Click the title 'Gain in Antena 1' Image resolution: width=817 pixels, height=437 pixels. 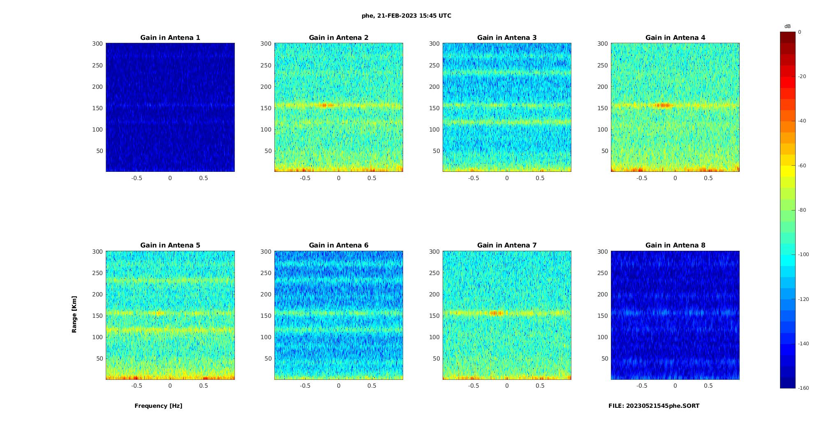pyautogui.click(x=170, y=37)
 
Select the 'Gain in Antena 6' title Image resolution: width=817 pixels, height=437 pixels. pyautogui.click(x=339, y=245)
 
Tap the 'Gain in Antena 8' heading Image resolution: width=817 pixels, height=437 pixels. pyautogui.click(x=675, y=245)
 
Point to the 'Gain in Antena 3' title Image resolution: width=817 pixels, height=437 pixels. pyautogui.click(x=507, y=37)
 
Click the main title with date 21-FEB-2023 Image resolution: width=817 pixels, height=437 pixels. pyautogui.click(x=406, y=16)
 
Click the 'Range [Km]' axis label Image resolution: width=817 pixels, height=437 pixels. pyautogui.click(x=74, y=314)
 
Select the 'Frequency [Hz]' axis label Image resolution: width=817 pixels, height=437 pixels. pyautogui.click(x=158, y=406)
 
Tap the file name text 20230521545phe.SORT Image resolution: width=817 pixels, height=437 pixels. pyautogui.click(x=654, y=406)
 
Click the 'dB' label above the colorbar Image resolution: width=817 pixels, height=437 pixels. pyautogui.click(x=787, y=26)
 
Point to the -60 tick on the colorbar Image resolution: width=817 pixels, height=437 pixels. pyautogui.click(x=802, y=166)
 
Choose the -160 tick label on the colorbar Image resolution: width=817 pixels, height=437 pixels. pyautogui.click(x=803, y=388)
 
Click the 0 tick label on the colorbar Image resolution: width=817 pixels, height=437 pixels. pyautogui.click(x=800, y=32)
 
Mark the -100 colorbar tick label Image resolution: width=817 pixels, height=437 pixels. pyautogui.click(x=803, y=254)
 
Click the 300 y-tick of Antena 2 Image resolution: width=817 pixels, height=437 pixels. pyautogui.click(x=266, y=44)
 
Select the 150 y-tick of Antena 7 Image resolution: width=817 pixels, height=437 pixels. pyautogui.click(x=434, y=316)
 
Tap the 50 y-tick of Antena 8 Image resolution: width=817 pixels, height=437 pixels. pyautogui.click(x=604, y=358)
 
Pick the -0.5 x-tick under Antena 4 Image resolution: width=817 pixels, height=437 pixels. pyautogui.click(x=642, y=178)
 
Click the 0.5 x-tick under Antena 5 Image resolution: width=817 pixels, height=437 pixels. pyautogui.click(x=203, y=386)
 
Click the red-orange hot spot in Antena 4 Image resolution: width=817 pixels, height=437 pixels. pyautogui.click(x=661, y=105)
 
